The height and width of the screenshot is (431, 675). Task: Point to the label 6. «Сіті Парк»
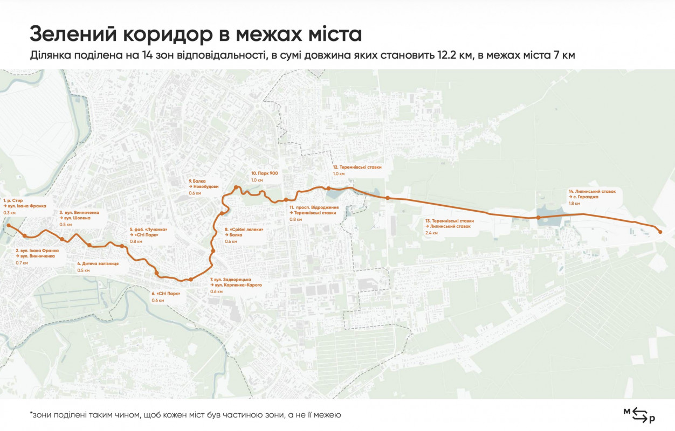(x=166, y=294)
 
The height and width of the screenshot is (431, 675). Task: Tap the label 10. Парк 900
(x=264, y=173)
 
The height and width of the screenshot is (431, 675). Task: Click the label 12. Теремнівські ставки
(x=356, y=167)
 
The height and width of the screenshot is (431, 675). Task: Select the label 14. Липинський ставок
(x=591, y=191)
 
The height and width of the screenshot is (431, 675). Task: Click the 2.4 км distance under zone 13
(x=432, y=233)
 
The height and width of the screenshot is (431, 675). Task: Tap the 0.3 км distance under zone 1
(x=10, y=213)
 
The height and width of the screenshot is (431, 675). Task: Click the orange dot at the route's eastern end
(x=660, y=232)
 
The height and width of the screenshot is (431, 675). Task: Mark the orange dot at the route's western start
(x=9, y=226)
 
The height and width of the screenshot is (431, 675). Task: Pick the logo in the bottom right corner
(x=639, y=414)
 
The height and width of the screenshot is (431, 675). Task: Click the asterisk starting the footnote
(x=31, y=414)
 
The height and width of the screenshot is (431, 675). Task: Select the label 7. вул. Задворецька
(x=231, y=280)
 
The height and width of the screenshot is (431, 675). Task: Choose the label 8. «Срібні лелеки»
(x=244, y=229)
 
